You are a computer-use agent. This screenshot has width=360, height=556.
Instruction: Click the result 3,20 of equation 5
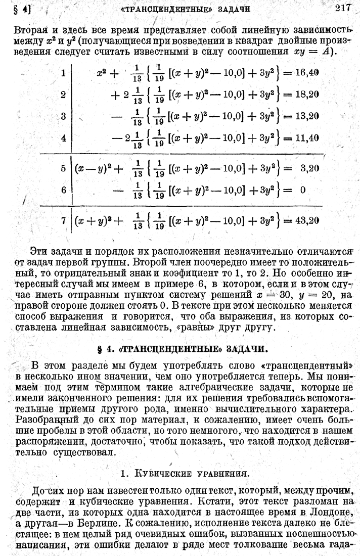point(309,168)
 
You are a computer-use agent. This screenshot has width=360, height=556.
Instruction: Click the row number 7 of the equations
point(63,221)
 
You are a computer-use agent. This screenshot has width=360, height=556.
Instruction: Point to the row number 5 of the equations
point(63,168)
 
